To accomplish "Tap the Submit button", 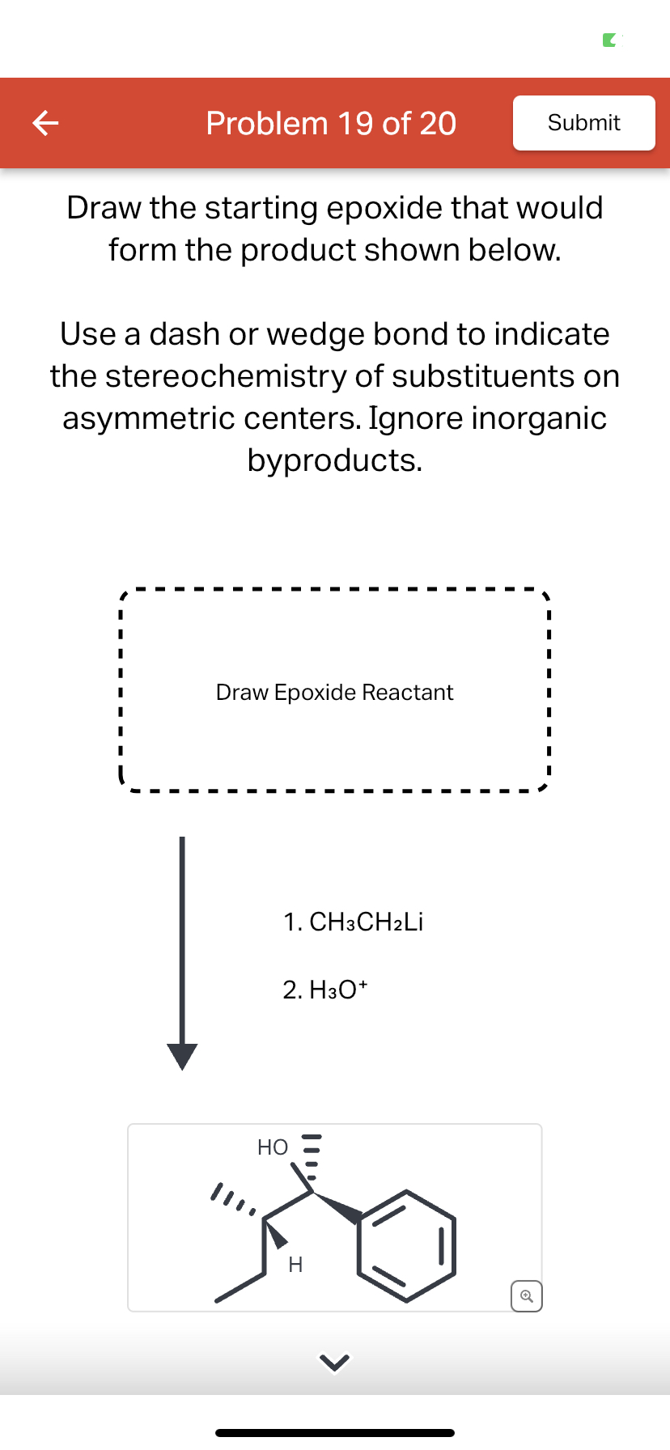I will [583, 123].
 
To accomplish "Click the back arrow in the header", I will [45, 123].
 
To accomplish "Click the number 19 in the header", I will [355, 124].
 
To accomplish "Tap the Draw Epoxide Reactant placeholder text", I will [334, 693].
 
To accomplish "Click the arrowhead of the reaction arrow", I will [182, 1056].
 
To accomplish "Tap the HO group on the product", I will [273, 1147].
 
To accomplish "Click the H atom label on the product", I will [295, 1265].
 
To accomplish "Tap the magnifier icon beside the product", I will [527, 1296].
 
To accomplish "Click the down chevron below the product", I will [334, 1364].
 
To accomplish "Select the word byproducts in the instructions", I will [334, 460].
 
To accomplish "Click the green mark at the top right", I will [610, 40].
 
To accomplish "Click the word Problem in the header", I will [266, 124].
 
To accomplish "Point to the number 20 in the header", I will [438, 124].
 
